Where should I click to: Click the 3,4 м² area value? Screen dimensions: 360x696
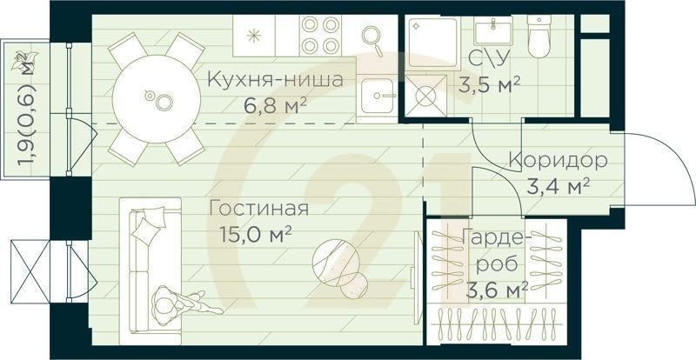(559, 185)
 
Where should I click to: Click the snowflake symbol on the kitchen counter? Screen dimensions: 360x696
(255, 37)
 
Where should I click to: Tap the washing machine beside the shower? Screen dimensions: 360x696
(426, 97)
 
